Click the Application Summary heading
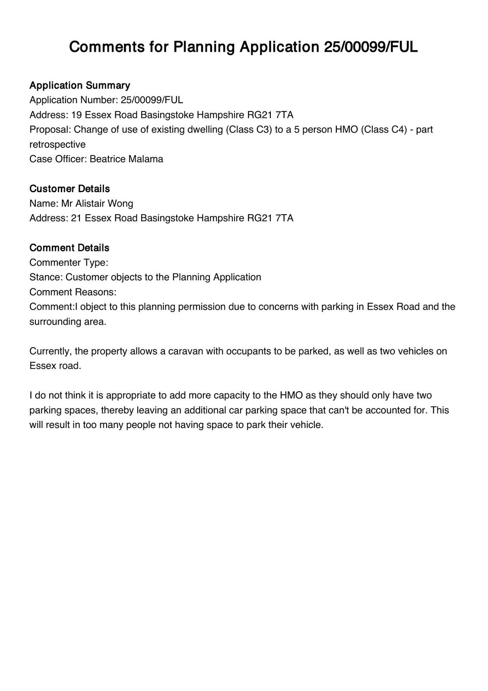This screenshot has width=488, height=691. (79, 85)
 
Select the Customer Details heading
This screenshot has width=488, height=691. (70, 189)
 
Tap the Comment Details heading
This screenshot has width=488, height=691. (69, 248)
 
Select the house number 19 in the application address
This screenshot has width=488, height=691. (76, 115)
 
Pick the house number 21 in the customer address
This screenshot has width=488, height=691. (76, 218)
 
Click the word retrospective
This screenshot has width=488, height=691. (57, 144)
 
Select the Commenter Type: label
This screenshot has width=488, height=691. (69, 263)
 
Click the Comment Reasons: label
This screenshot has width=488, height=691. (73, 292)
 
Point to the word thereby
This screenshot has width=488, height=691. (117, 410)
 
